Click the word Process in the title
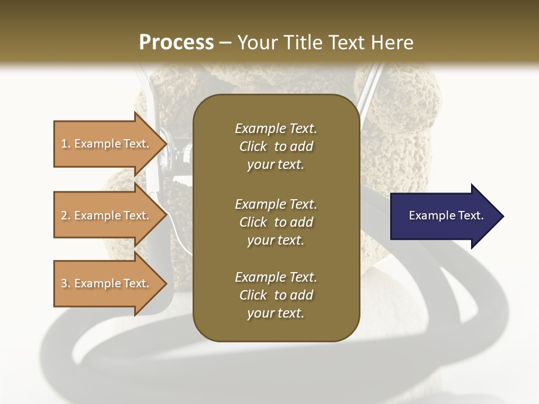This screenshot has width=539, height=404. coord(176,43)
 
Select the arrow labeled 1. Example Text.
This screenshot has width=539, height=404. coord(107,144)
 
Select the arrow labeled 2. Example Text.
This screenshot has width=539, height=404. coord(107,215)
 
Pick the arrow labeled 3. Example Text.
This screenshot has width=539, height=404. coord(107,283)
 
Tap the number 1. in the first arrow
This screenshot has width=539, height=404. coord(66,144)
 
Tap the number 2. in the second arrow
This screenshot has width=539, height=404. coord(66,215)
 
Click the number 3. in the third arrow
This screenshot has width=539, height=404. coord(66,283)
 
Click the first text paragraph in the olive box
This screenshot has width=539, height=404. coord(276,146)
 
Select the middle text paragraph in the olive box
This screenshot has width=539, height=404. coord(276,222)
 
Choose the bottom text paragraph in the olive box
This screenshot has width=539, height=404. coord(276,295)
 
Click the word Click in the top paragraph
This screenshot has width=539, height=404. coord(253,146)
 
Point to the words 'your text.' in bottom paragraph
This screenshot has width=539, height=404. coord(276,313)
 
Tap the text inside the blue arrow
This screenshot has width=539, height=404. coord(446,215)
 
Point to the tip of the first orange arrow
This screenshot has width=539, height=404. coord(166,144)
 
